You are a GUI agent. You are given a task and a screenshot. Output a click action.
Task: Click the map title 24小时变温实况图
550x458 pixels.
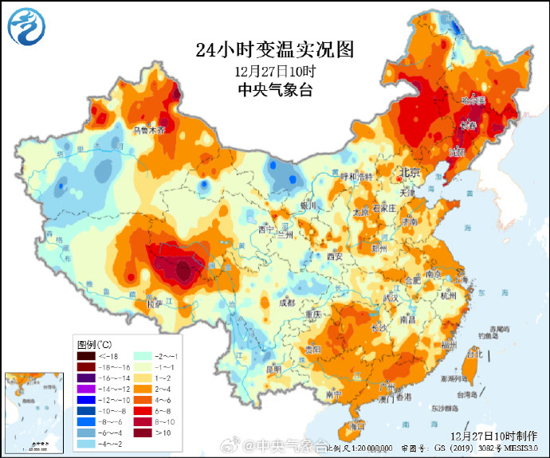tap(274, 50)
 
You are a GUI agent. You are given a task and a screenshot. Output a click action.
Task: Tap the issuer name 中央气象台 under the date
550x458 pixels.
tap(274, 90)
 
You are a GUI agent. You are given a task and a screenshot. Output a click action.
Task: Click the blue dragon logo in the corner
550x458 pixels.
tap(27, 27)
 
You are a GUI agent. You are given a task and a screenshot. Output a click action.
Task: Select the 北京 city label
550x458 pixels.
tap(409, 172)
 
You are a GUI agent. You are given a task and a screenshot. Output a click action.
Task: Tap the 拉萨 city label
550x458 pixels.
tap(154, 303)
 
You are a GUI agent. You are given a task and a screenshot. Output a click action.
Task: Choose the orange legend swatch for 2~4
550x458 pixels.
tap(145, 388)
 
